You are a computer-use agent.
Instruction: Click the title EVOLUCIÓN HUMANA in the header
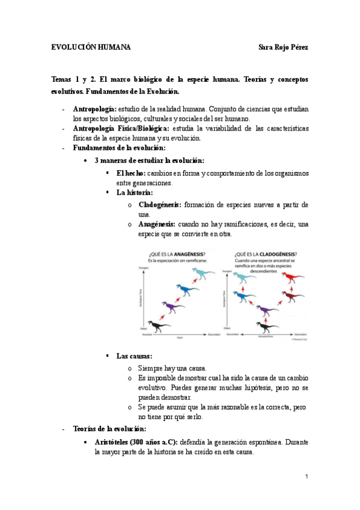coord(91,47)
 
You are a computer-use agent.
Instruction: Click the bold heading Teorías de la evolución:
coord(109,429)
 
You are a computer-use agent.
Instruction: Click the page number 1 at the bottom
coord(306,477)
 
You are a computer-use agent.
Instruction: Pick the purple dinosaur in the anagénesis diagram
coord(173,307)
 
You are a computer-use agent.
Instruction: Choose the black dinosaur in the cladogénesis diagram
coord(263,327)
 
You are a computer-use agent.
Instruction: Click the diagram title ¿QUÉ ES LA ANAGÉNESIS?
coord(175,253)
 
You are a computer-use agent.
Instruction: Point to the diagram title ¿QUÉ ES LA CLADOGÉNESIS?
coord(266,253)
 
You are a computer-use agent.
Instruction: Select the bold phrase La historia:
coord(135,192)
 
